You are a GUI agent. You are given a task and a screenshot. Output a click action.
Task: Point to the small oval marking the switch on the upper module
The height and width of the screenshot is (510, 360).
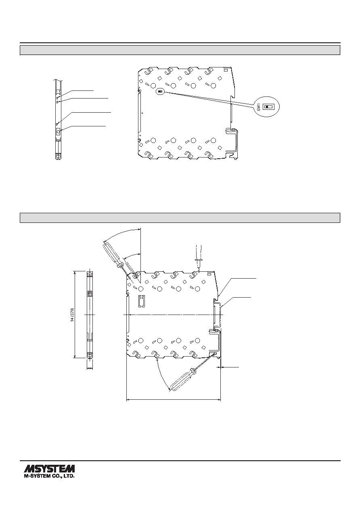[161, 92]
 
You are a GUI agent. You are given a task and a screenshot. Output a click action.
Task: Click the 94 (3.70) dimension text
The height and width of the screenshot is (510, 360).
[73, 315]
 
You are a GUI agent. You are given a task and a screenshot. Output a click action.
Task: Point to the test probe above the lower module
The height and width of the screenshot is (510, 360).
[199, 258]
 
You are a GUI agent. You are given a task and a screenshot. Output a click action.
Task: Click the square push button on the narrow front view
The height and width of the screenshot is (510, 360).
[58, 132]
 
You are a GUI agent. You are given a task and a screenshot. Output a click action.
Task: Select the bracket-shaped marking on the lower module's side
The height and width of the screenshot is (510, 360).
[142, 301]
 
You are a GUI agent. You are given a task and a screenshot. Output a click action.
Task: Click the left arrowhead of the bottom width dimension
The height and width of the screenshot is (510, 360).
[128, 399]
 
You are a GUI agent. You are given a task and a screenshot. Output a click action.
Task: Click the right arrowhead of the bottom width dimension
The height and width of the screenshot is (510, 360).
[219, 399]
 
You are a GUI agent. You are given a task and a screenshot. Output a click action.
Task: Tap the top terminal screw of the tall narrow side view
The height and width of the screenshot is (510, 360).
[90, 274]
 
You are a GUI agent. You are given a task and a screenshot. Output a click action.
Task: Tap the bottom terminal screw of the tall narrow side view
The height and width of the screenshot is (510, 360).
[90, 355]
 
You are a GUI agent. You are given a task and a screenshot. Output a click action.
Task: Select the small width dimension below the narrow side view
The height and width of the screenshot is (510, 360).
[90, 368]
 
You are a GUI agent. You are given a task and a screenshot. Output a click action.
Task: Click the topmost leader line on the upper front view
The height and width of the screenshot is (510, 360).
[76, 93]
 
